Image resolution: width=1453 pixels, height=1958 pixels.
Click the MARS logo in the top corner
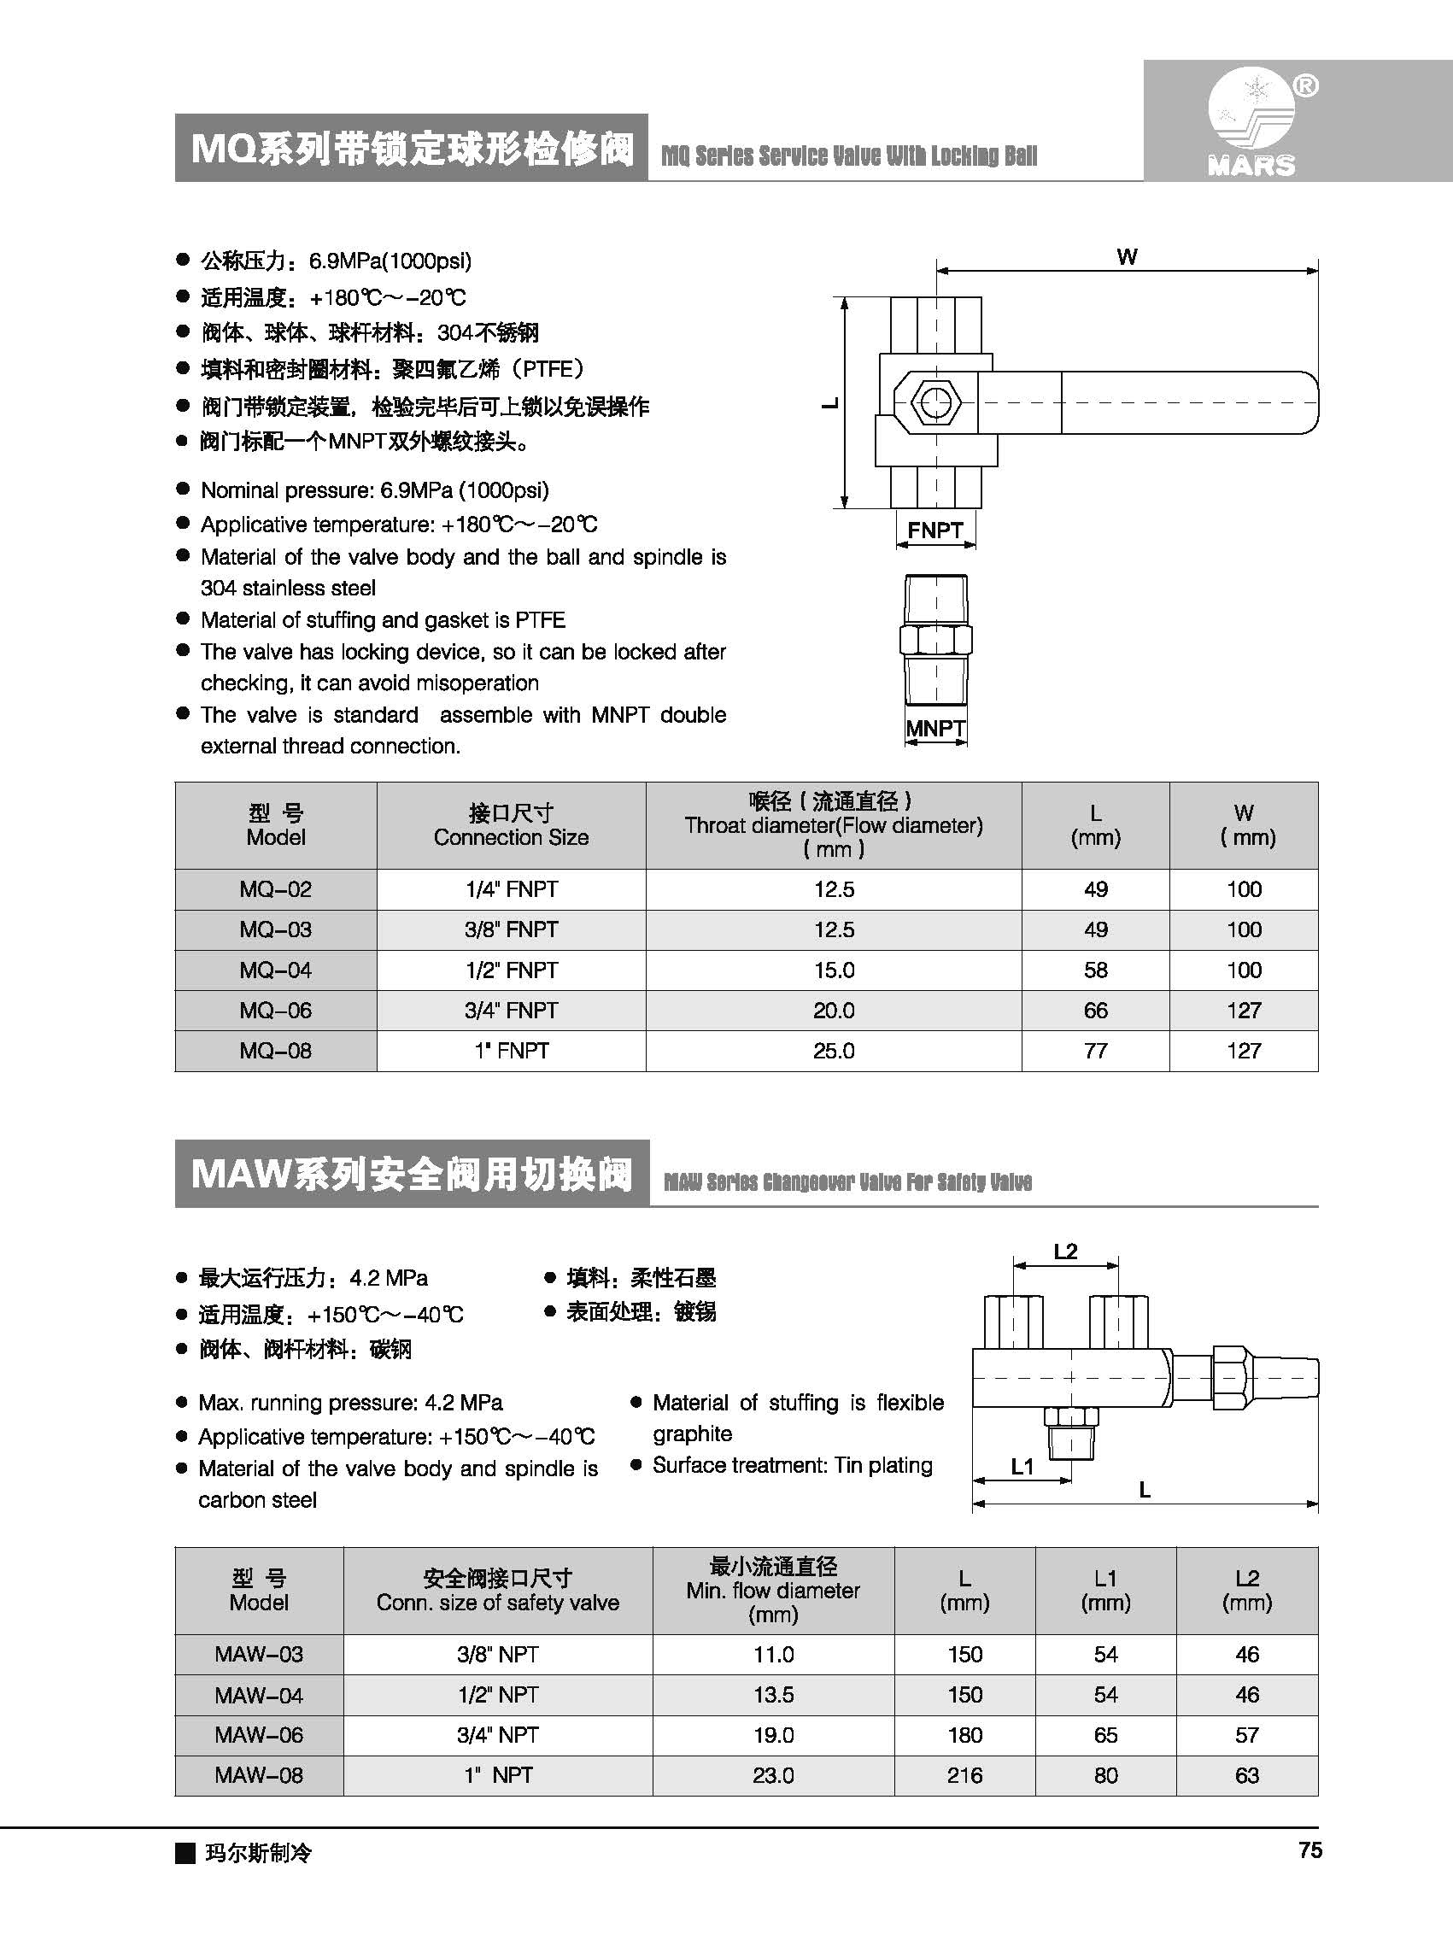pos(1252,123)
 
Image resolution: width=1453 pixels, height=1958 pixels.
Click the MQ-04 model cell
pos(275,970)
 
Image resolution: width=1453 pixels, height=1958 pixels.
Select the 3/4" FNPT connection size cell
pos(511,1011)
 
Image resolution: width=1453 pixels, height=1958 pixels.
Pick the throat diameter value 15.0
pos(834,970)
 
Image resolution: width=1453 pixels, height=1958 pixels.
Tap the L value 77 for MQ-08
pos(1095,1051)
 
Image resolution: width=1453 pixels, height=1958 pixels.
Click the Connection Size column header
pos(511,825)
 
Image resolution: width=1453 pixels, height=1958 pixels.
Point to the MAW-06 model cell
pos(259,1735)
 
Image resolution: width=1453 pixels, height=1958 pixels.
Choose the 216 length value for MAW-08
pos(965,1776)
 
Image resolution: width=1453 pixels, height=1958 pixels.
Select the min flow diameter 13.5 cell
pos(773,1695)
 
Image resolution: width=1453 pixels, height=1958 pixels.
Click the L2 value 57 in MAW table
pos(1247,1735)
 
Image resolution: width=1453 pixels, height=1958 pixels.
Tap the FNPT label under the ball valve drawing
pos(935,531)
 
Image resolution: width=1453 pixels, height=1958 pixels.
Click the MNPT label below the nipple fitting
pos(935,729)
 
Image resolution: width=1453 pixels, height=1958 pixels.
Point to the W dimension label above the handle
pos(1127,257)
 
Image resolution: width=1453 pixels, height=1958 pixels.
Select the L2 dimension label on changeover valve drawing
pos(1065,1251)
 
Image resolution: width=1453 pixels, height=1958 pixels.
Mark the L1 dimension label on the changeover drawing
pos(1022,1466)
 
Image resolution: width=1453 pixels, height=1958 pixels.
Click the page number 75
pos(1309,1850)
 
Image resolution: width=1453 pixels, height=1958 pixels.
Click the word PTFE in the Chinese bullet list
pos(547,369)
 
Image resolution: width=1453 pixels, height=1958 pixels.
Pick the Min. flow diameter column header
pos(773,1591)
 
